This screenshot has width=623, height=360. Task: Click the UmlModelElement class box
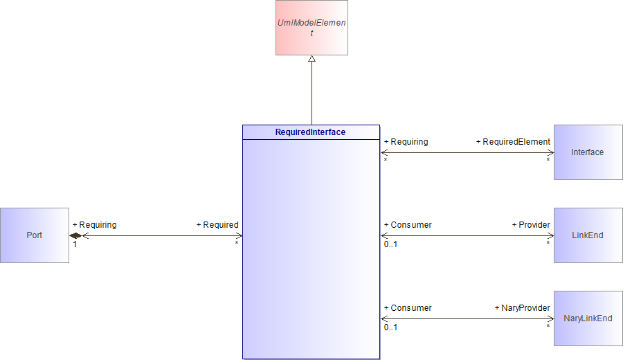312,28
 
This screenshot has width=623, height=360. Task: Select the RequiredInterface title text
310,132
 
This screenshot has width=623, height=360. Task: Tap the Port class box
35,235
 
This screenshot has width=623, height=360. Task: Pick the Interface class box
588,152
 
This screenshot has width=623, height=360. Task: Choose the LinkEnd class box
588,235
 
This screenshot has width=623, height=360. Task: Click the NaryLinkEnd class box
588,318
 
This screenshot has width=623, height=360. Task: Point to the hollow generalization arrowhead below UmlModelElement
312,59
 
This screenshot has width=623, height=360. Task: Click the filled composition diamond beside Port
75,235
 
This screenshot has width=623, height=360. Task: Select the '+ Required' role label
217,225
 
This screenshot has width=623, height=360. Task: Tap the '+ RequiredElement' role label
513,142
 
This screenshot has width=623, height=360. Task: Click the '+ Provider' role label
531,225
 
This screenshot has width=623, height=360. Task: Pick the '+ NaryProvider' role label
523,308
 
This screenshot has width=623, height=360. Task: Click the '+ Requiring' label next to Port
95,225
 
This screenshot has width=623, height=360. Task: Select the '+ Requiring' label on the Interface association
406,142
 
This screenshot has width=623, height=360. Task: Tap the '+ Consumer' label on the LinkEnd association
408,225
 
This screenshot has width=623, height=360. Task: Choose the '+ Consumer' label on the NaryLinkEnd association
408,308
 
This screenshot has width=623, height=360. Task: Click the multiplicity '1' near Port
75,244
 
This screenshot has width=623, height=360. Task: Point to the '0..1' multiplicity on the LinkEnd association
390,244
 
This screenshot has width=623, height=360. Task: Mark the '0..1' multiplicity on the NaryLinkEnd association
390,327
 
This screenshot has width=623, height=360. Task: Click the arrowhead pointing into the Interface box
551,152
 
